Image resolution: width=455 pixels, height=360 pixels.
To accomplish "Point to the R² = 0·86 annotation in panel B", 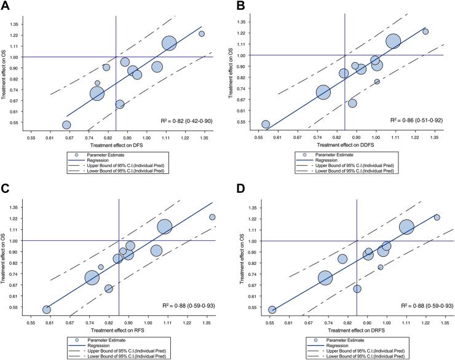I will pyautogui.click(x=416, y=122).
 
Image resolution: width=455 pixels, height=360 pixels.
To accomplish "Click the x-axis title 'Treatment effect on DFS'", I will pyautogui.click(x=117, y=144).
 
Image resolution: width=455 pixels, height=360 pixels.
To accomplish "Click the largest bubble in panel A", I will pyautogui.click(x=169, y=43).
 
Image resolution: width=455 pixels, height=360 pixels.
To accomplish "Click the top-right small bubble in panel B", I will pyautogui.click(x=425, y=31).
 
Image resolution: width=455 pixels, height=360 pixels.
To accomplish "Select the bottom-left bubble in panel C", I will pyautogui.click(x=47, y=310).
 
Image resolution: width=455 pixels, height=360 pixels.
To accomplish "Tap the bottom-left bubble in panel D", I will pyautogui.click(x=272, y=310).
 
